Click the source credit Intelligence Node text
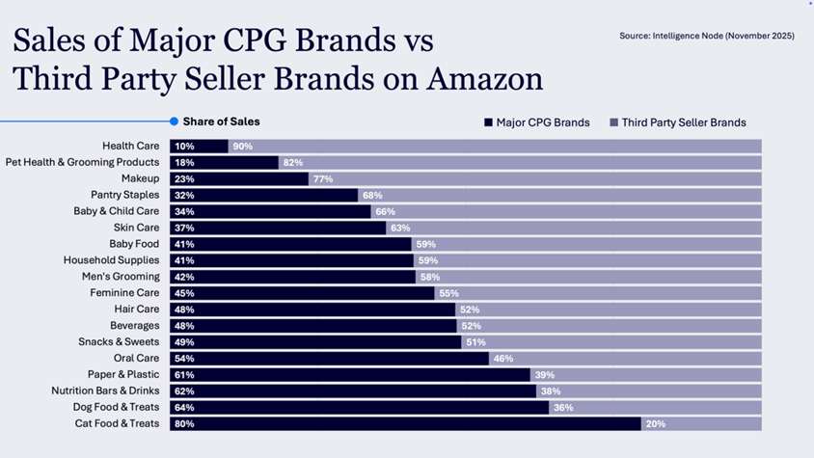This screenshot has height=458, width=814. (706, 36)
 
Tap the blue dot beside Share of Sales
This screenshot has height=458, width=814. (174, 121)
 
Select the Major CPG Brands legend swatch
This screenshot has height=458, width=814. (489, 122)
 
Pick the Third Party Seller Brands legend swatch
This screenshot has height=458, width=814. (613, 122)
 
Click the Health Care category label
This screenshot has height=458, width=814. (130, 147)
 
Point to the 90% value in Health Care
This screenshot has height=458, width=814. (242, 147)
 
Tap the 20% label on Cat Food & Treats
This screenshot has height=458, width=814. (655, 423)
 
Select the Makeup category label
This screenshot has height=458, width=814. (140, 179)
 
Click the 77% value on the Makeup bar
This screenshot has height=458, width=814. (322, 179)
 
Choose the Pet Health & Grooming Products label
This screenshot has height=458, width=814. (82, 163)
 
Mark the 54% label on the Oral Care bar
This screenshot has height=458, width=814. (183, 359)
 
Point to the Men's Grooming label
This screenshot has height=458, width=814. (121, 277)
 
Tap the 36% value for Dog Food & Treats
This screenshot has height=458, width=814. (563, 408)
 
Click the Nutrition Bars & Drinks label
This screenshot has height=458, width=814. (105, 391)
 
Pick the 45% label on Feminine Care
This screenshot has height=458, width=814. (183, 293)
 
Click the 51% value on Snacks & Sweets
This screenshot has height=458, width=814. (475, 342)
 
